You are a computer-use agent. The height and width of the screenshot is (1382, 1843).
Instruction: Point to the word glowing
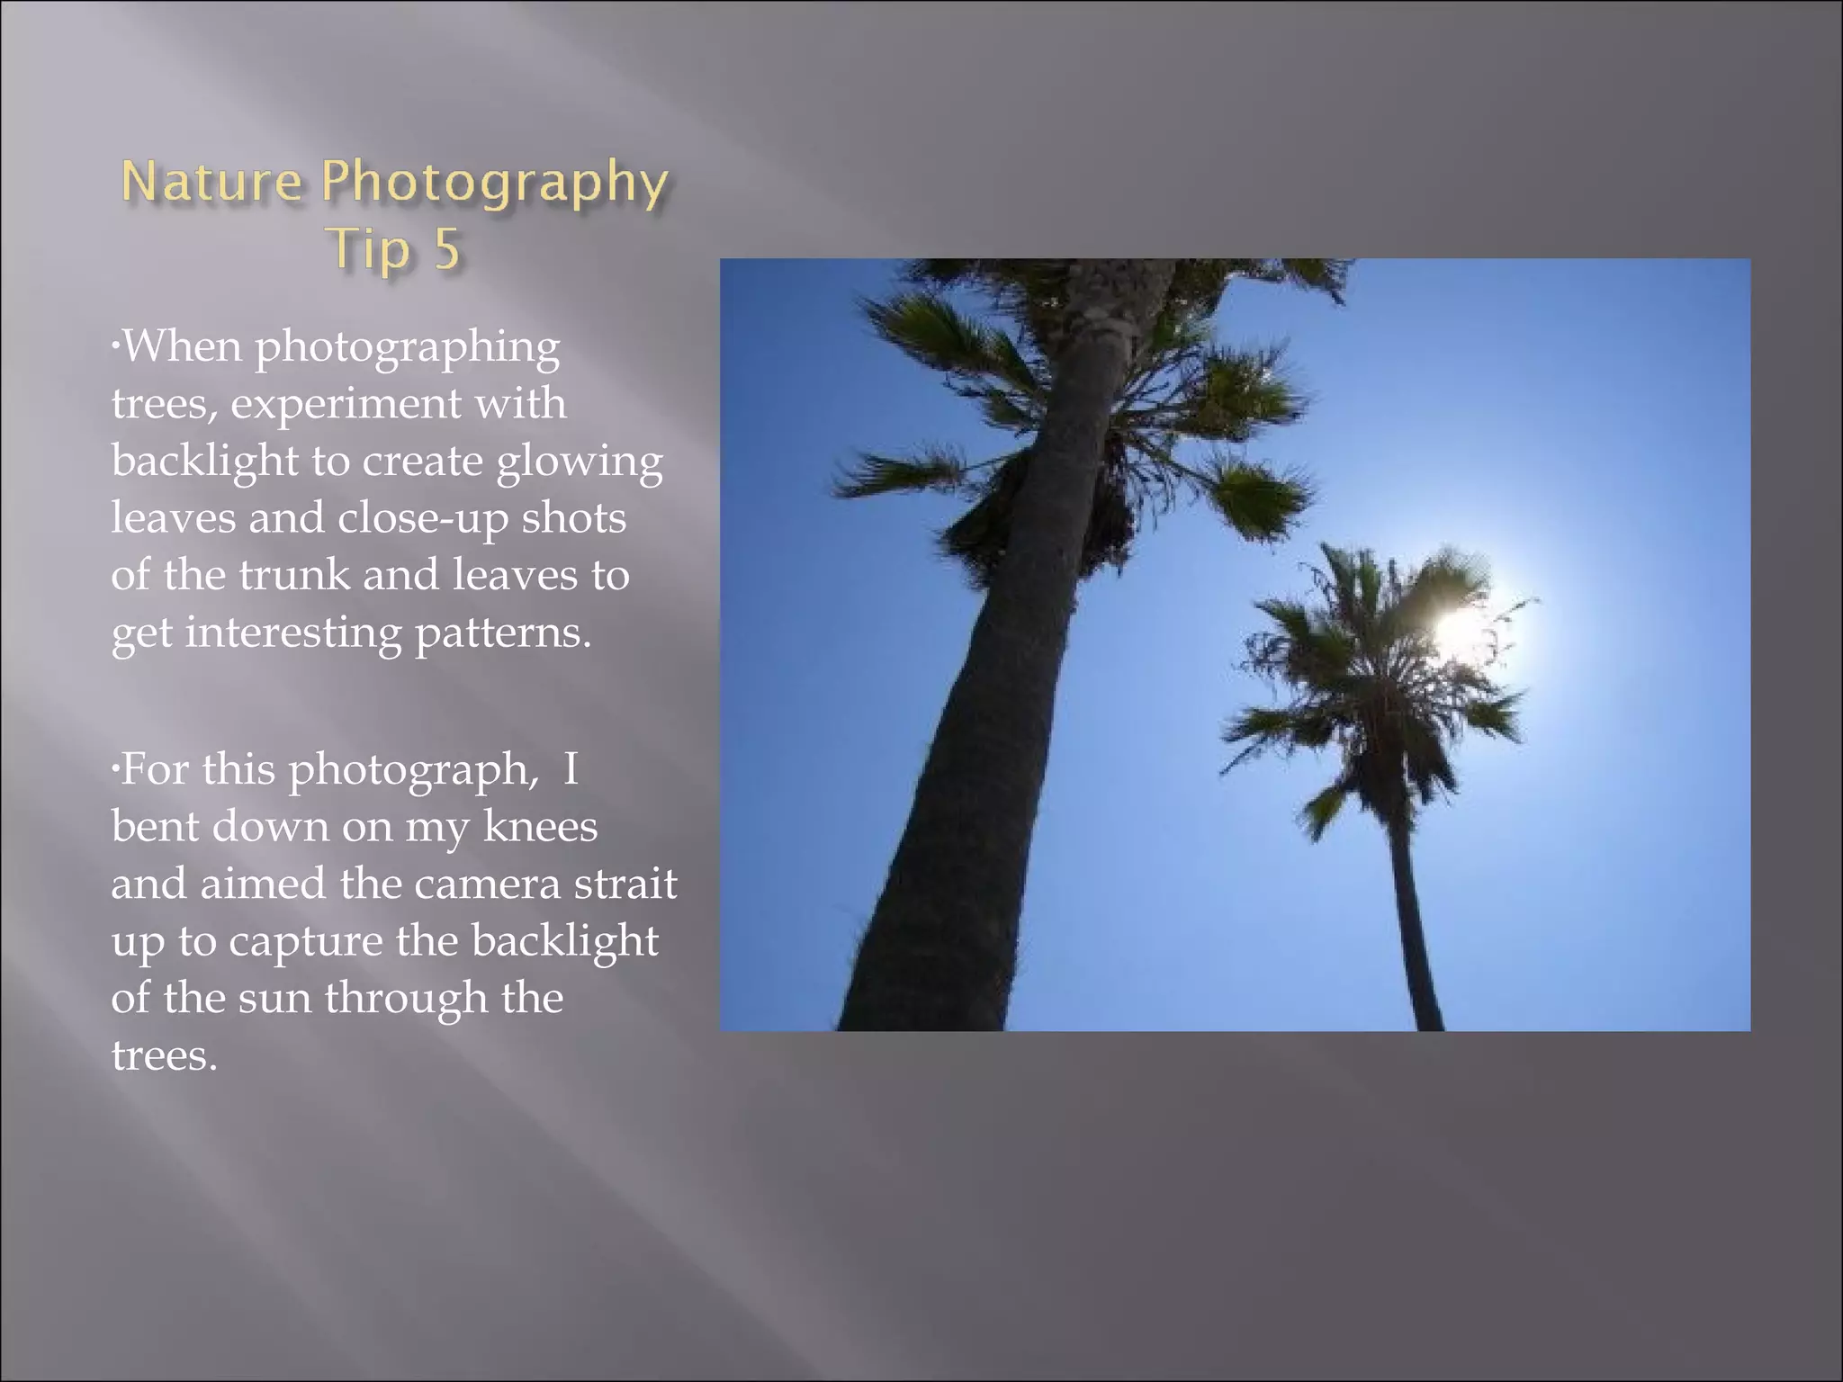tap(580, 462)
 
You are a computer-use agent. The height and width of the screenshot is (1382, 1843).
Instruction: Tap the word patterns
tap(503, 633)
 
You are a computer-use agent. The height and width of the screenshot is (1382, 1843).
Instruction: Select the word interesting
tap(293, 633)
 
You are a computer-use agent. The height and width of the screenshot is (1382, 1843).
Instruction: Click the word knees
tap(540, 827)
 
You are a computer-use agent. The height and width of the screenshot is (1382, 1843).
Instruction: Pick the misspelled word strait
tap(625, 884)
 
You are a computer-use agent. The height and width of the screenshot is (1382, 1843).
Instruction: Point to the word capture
tap(306, 943)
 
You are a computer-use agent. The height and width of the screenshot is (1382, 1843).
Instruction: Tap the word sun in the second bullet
tap(274, 999)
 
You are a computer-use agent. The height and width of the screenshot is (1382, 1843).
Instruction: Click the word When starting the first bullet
tap(182, 346)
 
